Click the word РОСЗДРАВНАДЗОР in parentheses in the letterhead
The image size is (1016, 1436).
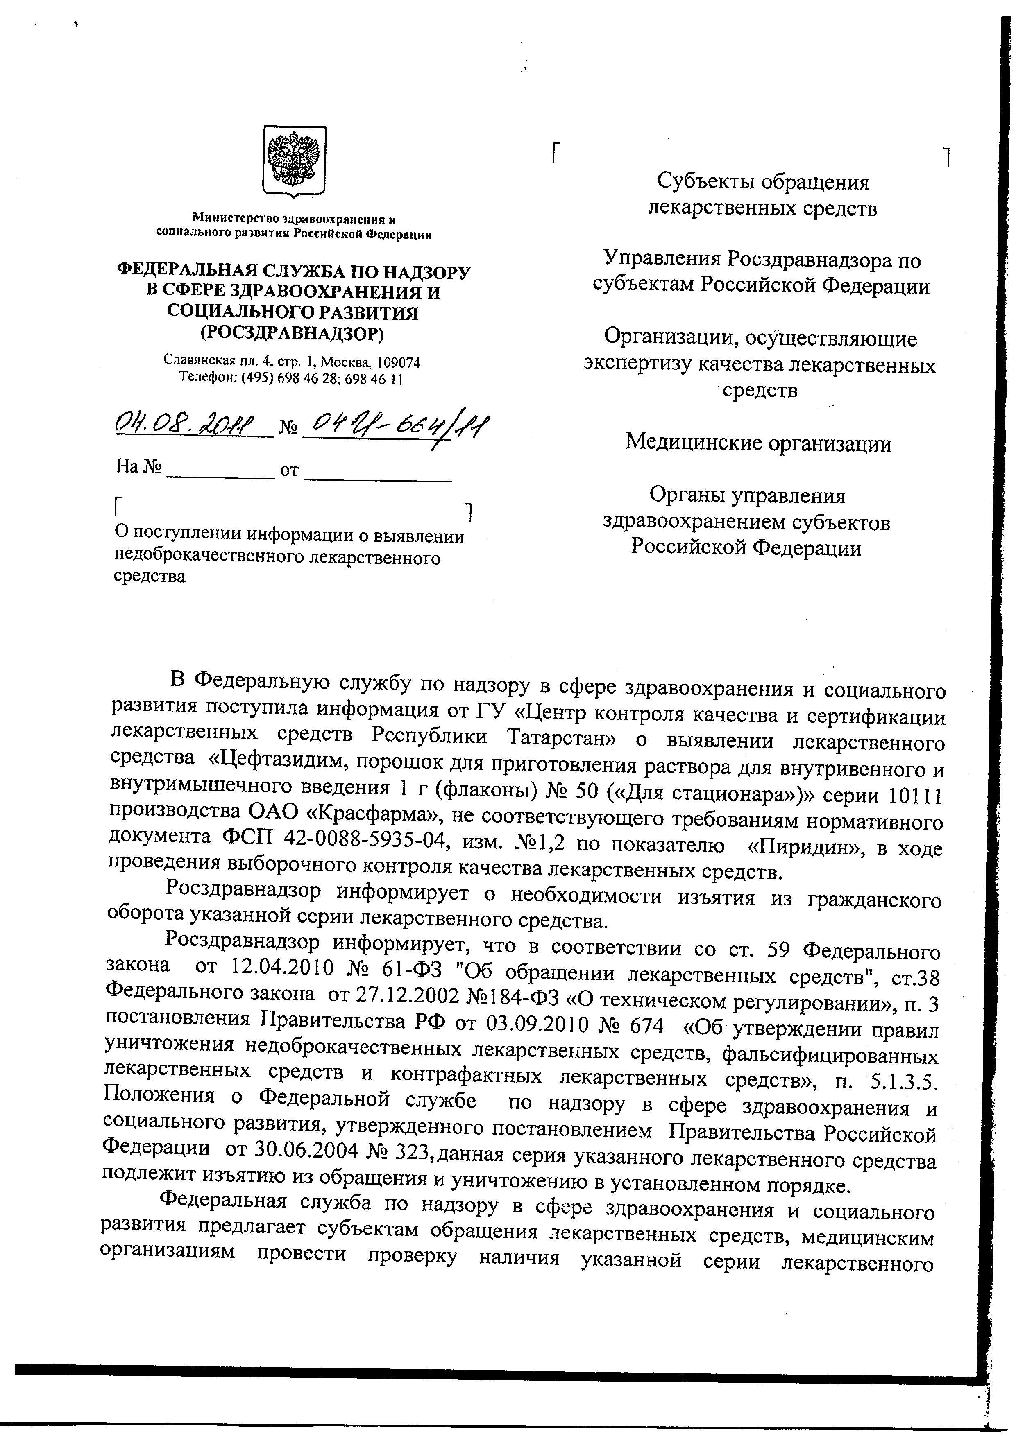[x=292, y=333]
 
